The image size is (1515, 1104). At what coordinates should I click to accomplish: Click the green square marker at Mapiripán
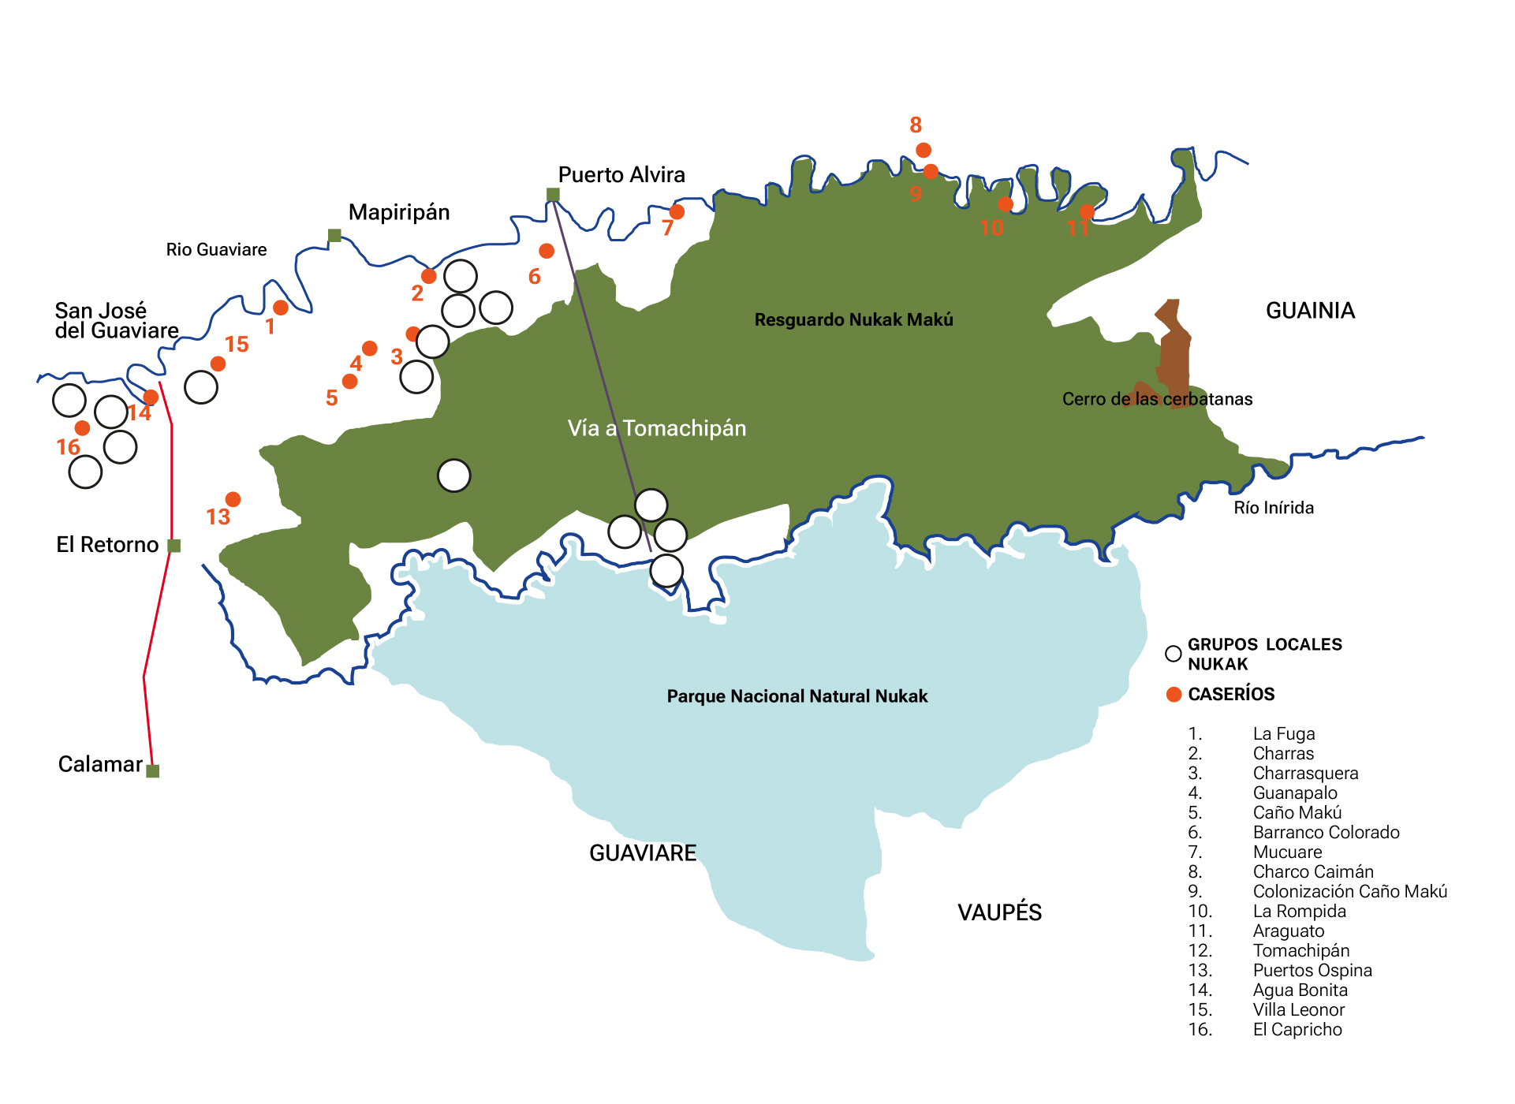(334, 235)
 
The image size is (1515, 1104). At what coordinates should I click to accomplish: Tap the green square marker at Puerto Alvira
(553, 195)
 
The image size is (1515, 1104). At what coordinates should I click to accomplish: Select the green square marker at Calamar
(153, 770)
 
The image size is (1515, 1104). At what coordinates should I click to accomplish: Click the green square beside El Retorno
(174, 546)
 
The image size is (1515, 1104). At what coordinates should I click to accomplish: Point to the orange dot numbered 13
(233, 499)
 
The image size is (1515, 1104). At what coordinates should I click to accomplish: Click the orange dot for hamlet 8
(924, 150)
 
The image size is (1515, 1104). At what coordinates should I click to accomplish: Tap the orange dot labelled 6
(547, 251)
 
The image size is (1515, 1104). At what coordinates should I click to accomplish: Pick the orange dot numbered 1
(281, 308)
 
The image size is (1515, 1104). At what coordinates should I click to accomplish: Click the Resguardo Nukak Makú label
(853, 320)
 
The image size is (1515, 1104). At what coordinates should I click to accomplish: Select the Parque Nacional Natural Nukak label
(797, 696)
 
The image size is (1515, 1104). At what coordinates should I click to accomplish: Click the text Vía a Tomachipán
(656, 428)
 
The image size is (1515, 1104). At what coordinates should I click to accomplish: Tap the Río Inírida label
(1273, 508)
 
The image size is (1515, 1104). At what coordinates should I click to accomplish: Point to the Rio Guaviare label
(216, 250)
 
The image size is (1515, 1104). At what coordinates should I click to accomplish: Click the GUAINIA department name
(1310, 311)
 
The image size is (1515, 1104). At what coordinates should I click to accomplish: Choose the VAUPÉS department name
(999, 912)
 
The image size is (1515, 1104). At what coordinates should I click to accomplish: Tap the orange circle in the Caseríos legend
(1174, 694)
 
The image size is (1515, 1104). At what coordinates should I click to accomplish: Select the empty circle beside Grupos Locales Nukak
(1174, 654)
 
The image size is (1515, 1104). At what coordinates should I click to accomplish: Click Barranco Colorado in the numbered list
(1326, 833)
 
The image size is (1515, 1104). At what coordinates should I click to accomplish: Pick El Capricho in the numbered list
(1297, 1030)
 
